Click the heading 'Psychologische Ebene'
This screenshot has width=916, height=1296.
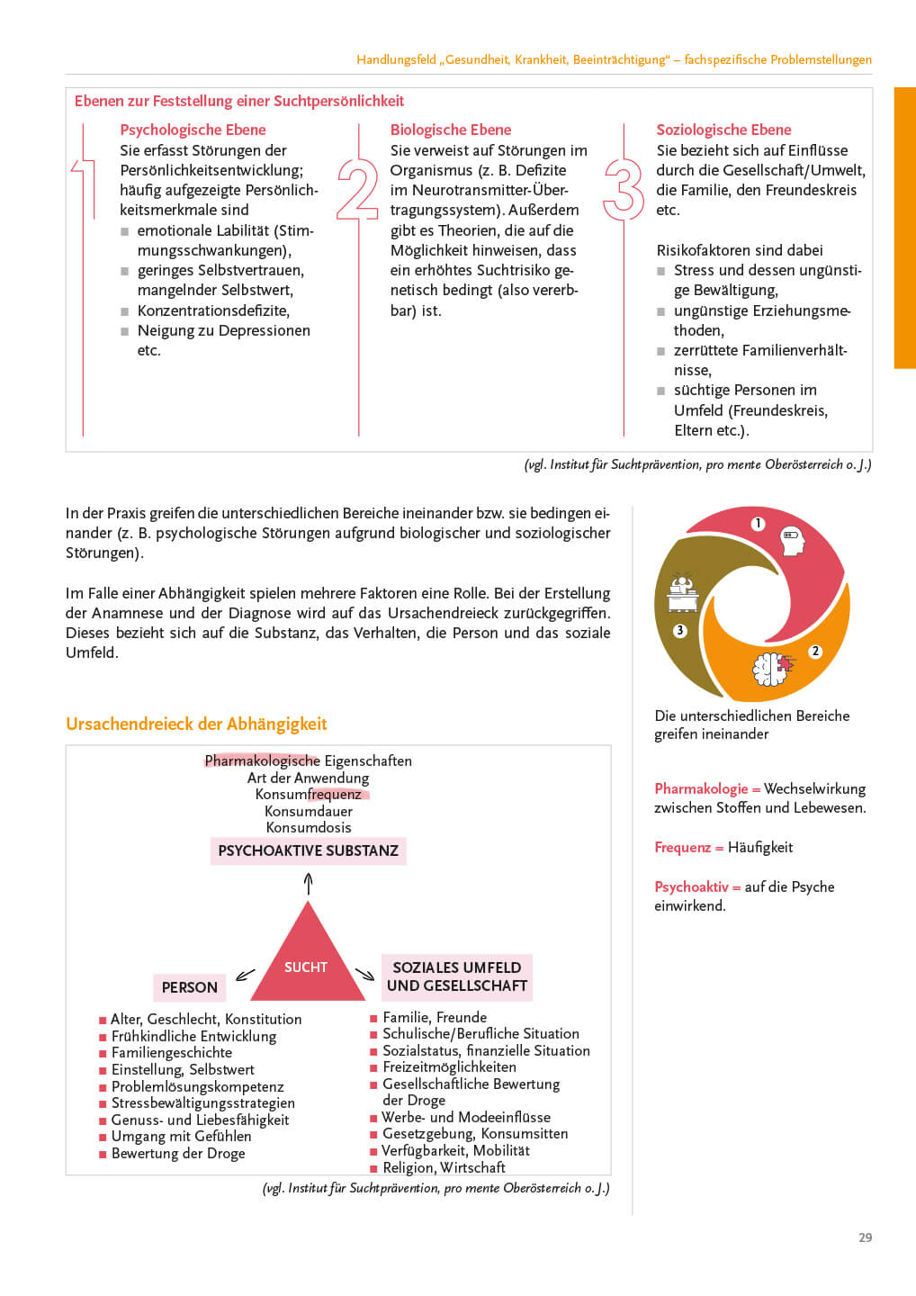(x=193, y=130)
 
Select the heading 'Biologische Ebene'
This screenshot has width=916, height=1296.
(x=450, y=130)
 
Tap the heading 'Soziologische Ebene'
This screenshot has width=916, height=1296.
(x=723, y=130)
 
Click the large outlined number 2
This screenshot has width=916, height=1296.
(x=357, y=189)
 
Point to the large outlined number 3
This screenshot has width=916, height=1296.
(x=624, y=189)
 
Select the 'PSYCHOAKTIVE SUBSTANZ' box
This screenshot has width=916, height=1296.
(x=308, y=850)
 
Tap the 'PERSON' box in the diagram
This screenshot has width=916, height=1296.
(x=189, y=987)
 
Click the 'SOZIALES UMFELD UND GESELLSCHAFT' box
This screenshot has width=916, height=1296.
(x=456, y=976)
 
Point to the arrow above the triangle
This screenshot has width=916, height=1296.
(x=308, y=884)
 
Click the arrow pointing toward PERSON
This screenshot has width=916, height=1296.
(x=245, y=975)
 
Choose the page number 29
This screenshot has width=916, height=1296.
(x=865, y=1237)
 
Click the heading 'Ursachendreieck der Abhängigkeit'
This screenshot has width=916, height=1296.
(x=196, y=724)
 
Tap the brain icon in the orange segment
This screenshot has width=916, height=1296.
(x=771, y=668)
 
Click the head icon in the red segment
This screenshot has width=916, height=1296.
(x=791, y=540)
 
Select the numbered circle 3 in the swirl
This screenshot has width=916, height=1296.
(x=680, y=631)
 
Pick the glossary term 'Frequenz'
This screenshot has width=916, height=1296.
(x=682, y=847)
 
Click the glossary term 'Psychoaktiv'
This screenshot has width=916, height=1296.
(x=691, y=886)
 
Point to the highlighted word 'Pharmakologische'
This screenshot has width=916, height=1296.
(x=262, y=760)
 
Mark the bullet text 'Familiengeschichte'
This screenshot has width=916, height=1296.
(x=171, y=1052)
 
